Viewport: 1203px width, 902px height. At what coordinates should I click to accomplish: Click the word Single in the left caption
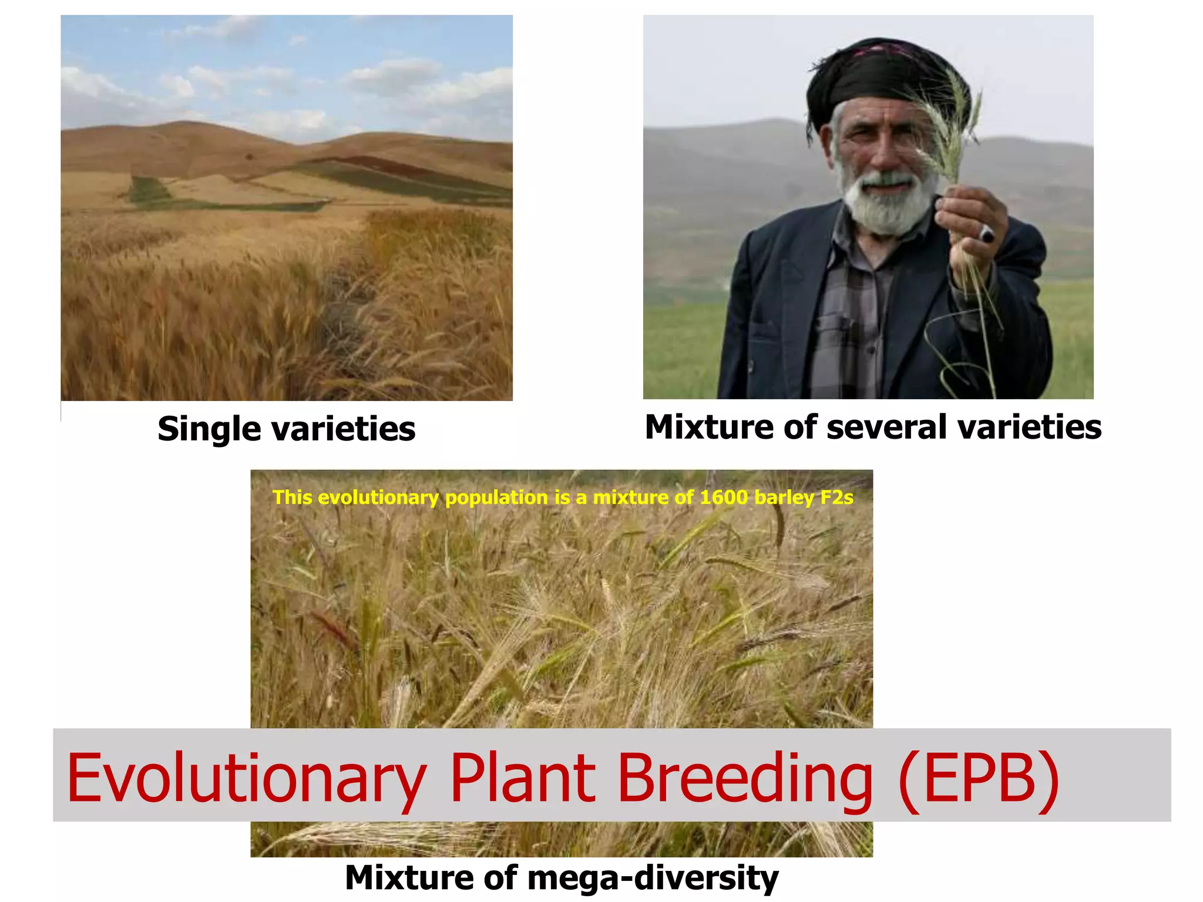(209, 429)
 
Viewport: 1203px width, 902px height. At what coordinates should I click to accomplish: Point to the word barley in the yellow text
(784, 498)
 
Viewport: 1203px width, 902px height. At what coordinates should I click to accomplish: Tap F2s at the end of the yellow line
(836, 498)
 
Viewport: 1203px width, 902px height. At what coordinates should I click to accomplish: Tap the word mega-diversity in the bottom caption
(653, 879)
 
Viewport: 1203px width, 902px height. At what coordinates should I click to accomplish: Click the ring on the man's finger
(986, 234)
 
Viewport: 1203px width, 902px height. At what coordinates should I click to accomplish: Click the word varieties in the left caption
(343, 429)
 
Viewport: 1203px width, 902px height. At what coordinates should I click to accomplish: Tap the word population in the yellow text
(496, 498)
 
